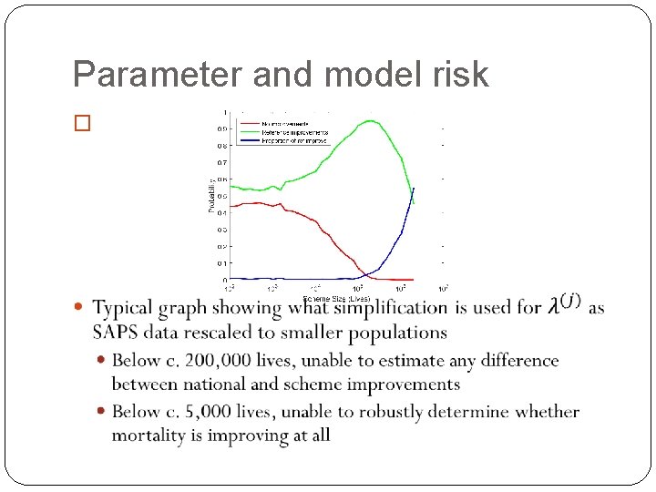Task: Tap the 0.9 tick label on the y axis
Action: tap(222, 128)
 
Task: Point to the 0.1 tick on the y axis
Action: tap(222, 263)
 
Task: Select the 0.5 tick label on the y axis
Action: tap(222, 196)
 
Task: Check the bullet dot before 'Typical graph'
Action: tap(78, 307)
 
